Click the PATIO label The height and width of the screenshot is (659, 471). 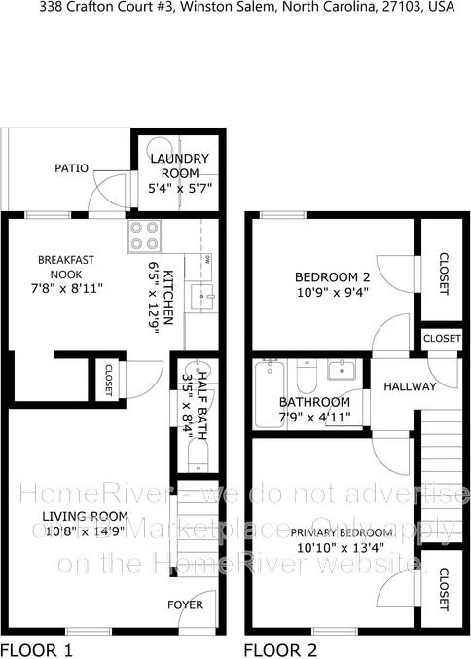pos(71,168)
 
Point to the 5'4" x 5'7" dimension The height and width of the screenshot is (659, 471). pos(180,187)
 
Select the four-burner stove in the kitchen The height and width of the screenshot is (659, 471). pos(145,236)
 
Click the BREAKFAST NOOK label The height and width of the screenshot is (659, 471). pos(65,267)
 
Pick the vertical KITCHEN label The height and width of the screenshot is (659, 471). pos(167,297)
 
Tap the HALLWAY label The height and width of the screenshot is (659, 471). pos(410,386)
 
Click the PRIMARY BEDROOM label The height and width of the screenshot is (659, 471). pos(342,532)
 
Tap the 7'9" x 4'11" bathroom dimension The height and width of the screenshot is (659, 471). pos(314,418)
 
